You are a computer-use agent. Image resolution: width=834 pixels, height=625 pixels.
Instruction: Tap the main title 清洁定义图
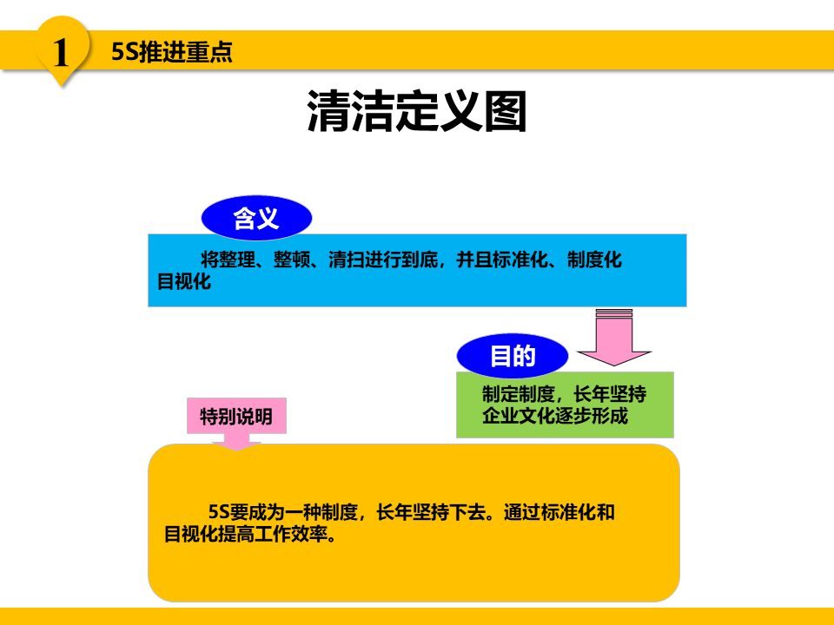(417, 113)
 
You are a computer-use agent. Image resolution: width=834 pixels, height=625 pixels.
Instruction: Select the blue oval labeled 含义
(256, 218)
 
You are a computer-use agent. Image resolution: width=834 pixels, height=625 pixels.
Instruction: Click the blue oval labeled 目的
(512, 357)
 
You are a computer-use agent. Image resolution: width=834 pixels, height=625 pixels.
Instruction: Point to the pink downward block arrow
(615, 337)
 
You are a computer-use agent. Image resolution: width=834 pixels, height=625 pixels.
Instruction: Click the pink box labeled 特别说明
(235, 417)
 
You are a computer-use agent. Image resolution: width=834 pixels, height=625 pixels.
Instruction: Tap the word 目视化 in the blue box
(183, 282)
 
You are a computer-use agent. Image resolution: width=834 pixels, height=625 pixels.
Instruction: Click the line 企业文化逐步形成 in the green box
(554, 416)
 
